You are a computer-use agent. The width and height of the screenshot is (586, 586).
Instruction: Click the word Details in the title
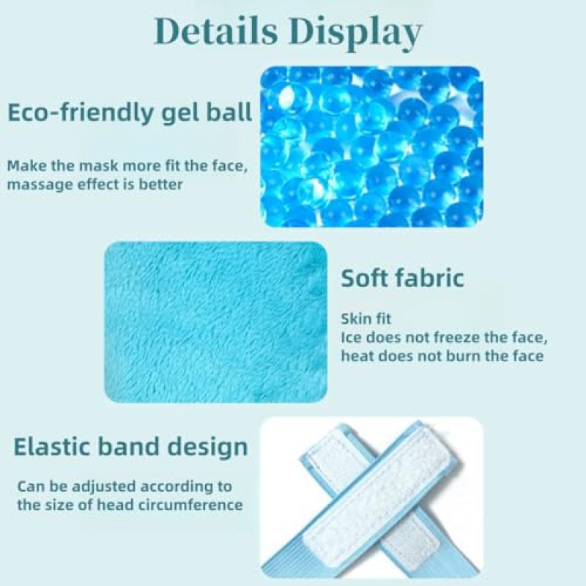(216, 31)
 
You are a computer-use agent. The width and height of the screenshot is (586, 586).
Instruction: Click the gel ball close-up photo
(371, 147)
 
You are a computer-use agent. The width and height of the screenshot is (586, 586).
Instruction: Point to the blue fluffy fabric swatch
(216, 322)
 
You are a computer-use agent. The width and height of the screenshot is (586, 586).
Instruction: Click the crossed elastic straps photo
(371, 498)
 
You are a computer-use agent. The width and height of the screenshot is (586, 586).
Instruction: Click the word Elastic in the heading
(51, 447)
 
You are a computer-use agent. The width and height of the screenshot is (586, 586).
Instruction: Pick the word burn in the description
(463, 356)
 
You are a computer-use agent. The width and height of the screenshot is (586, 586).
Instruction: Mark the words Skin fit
(366, 319)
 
